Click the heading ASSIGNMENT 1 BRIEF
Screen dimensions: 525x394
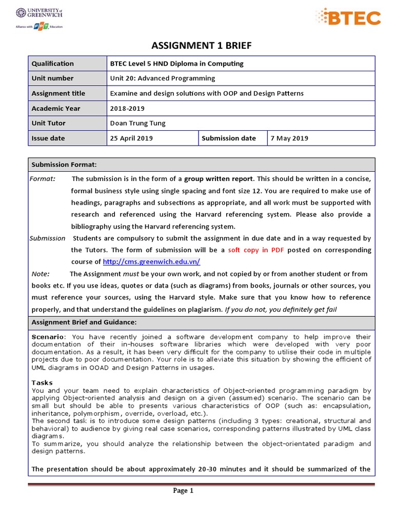tap(202, 46)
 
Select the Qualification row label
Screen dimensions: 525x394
tap(52, 64)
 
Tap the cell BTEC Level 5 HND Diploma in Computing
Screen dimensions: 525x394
tap(176, 64)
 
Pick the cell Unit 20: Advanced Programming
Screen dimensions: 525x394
tap(163, 78)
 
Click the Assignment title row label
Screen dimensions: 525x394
tap(58, 93)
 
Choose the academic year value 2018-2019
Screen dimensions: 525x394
tap(127, 108)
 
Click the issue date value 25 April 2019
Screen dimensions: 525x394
tap(131, 138)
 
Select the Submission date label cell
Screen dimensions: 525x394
tap(229, 138)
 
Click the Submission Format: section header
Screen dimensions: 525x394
tap(64, 165)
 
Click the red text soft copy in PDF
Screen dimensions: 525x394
tap(256, 250)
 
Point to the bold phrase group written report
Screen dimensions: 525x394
tap(219, 179)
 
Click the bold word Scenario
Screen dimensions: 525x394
tap(49, 337)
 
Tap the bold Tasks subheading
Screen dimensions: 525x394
tap(42, 382)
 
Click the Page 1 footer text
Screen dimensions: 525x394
tap(183, 491)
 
